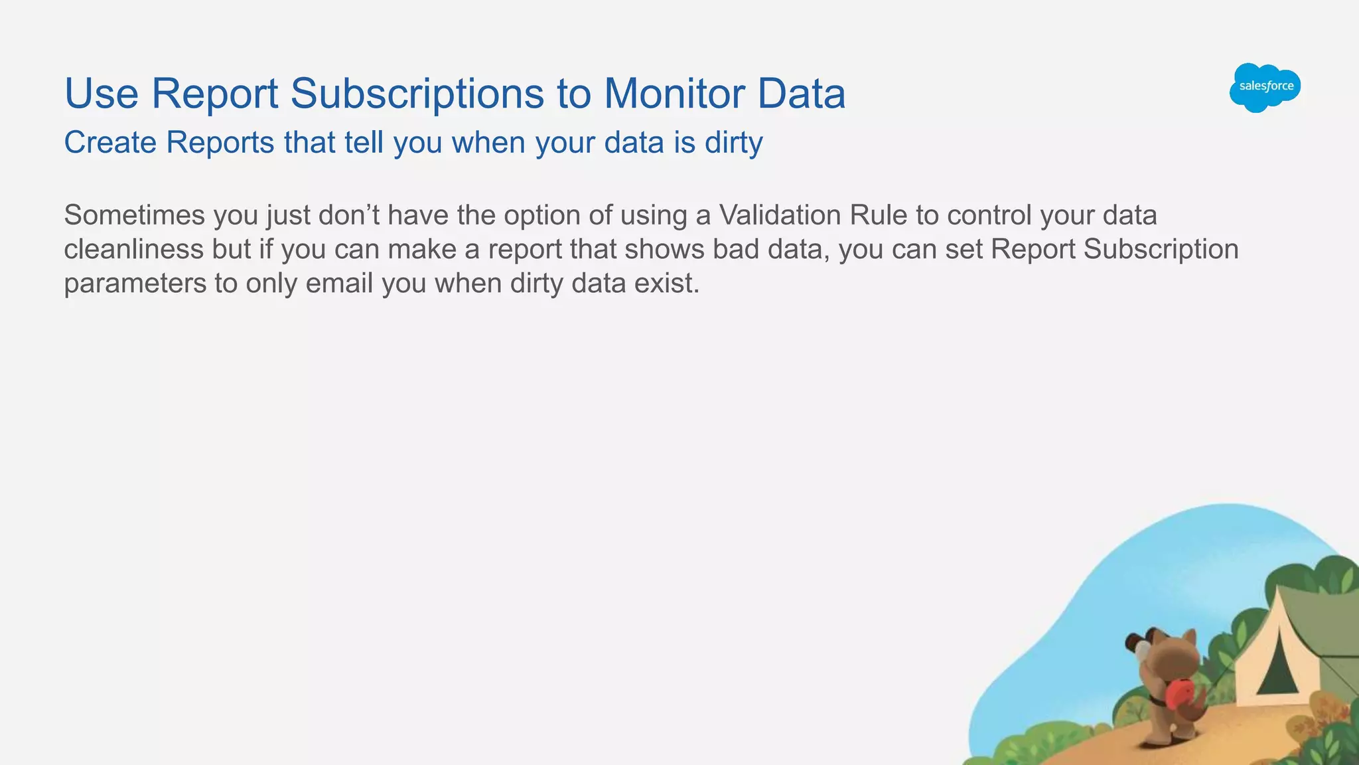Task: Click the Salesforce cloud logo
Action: click(x=1265, y=87)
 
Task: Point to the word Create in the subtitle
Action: click(x=109, y=143)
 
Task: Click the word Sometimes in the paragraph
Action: click(x=134, y=216)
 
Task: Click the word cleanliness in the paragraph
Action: click(x=133, y=250)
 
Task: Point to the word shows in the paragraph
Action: click(x=664, y=250)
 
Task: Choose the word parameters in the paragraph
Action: click(x=135, y=284)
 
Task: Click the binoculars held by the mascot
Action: click(x=1139, y=644)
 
